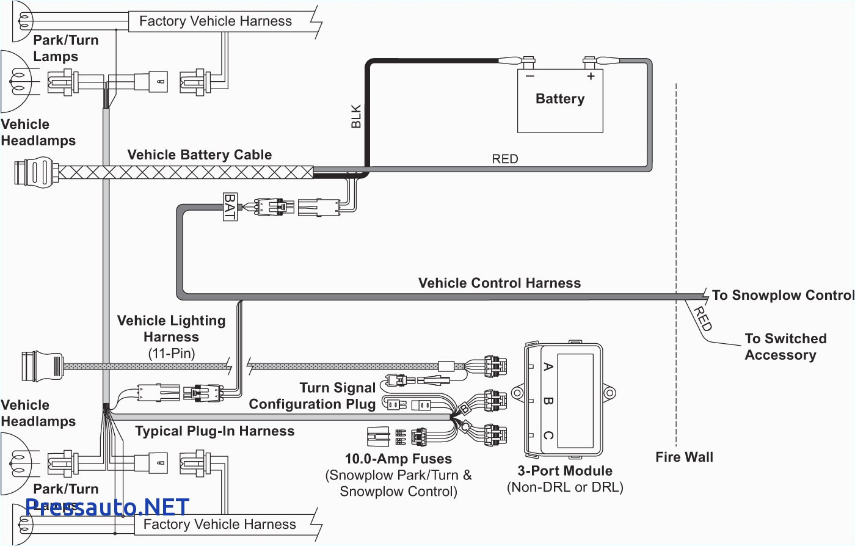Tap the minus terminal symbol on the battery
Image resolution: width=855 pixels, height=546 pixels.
click(529, 76)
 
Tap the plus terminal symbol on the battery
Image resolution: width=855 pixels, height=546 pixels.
click(591, 76)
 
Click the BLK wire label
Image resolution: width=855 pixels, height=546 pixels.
click(356, 117)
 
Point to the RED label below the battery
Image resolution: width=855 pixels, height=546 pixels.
click(504, 159)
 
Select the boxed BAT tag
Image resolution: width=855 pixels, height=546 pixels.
click(230, 206)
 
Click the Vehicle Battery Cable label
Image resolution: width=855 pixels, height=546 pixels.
click(200, 155)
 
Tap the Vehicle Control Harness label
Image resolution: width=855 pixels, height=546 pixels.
click(500, 283)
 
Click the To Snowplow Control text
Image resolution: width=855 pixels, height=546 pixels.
click(782, 296)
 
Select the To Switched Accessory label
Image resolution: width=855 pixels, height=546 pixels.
click(785, 347)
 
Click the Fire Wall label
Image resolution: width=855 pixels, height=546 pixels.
click(684, 457)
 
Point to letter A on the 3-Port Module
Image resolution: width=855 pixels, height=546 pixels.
click(548, 366)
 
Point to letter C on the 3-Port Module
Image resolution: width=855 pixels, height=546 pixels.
click(548, 435)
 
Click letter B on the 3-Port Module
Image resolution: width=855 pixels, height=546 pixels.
click(548, 401)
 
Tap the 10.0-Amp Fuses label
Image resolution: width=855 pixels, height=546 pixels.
click(398, 459)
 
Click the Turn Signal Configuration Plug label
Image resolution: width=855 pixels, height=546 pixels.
click(313, 396)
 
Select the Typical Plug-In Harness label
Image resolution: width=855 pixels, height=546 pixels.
click(214, 431)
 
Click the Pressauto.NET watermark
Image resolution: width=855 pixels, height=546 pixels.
click(107, 507)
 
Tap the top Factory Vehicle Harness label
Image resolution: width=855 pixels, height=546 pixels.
click(216, 21)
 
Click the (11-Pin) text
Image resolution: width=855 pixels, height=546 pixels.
click(171, 353)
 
